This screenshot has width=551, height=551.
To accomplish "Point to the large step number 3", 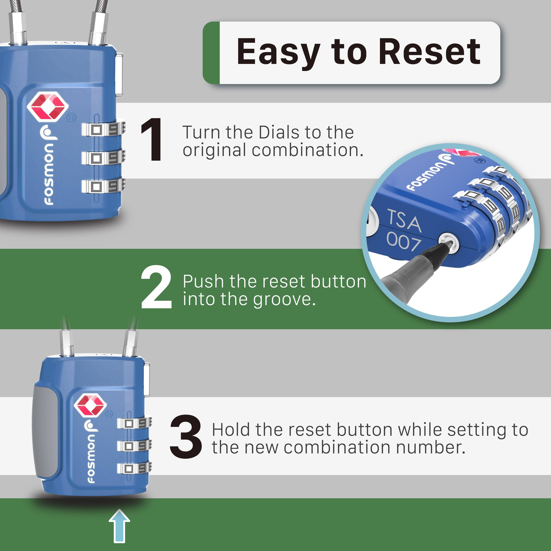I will click(186, 437).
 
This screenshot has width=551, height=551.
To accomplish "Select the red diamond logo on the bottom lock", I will click(90, 405).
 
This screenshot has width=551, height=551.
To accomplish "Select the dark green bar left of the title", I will click(211, 53).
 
